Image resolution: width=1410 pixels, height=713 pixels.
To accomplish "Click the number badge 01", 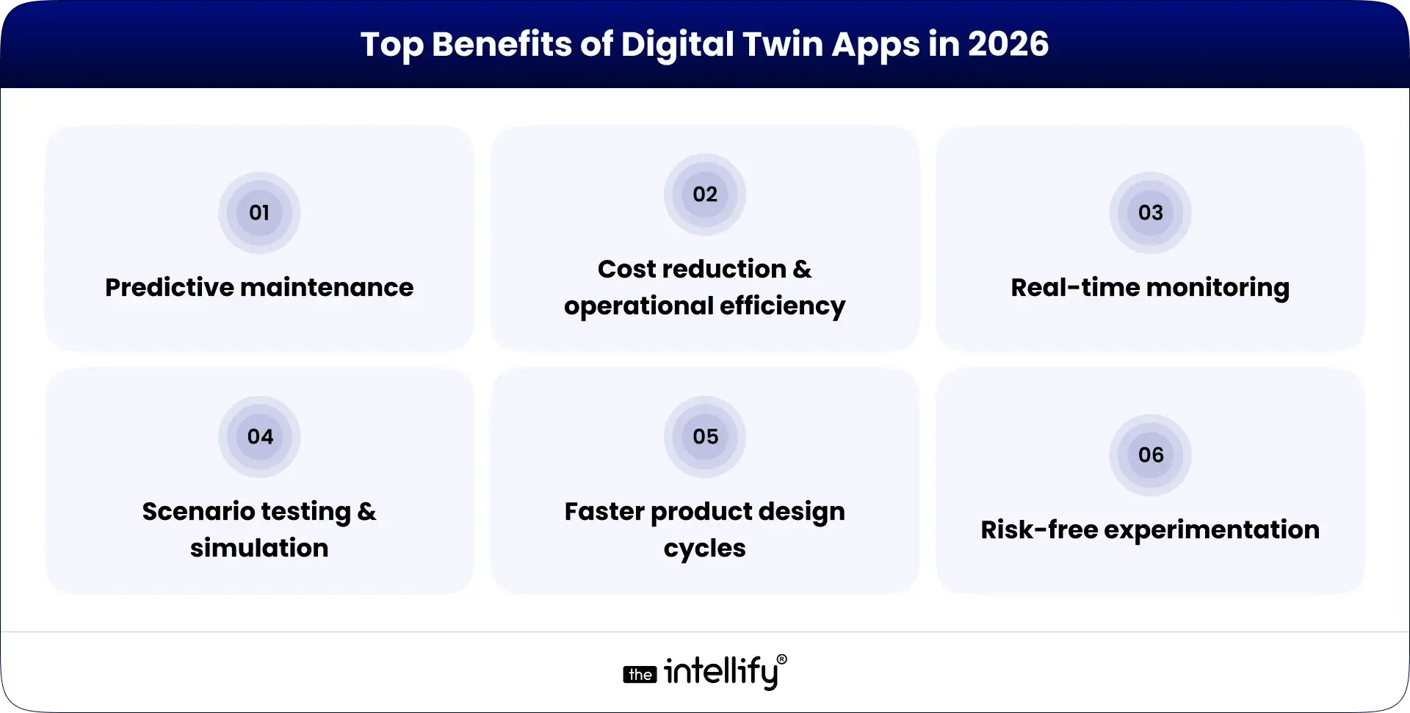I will pyautogui.click(x=259, y=213).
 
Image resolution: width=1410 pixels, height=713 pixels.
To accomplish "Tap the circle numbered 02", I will pyautogui.click(x=705, y=195).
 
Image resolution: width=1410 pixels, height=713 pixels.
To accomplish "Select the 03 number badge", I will pyautogui.click(x=1150, y=213).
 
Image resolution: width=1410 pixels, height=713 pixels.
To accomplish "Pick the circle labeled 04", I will pyautogui.click(x=259, y=437).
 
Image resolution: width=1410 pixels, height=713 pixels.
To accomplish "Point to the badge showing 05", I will pyautogui.click(x=705, y=437).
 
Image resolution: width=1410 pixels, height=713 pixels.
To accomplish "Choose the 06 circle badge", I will pyautogui.click(x=1150, y=455).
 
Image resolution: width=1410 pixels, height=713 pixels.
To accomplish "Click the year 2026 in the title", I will pyautogui.click(x=1008, y=44).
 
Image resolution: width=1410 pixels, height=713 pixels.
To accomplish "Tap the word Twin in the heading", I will pyautogui.click(x=783, y=44).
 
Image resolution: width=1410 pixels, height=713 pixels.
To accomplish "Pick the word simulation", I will pyautogui.click(x=259, y=548).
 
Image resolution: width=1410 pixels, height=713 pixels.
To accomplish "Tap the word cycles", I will pyautogui.click(x=705, y=548).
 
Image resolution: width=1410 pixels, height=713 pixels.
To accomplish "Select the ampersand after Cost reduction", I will pyautogui.click(x=802, y=269).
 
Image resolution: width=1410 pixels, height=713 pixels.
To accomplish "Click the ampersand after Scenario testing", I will pyautogui.click(x=366, y=511).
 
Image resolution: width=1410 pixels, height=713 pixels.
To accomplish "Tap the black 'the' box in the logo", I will pyautogui.click(x=640, y=674).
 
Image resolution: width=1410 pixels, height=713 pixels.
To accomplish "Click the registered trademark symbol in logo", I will pyautogui.click(x=781, y=659).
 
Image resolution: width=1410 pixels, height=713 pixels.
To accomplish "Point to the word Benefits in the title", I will pyautogui.click(x=502, y=44).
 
